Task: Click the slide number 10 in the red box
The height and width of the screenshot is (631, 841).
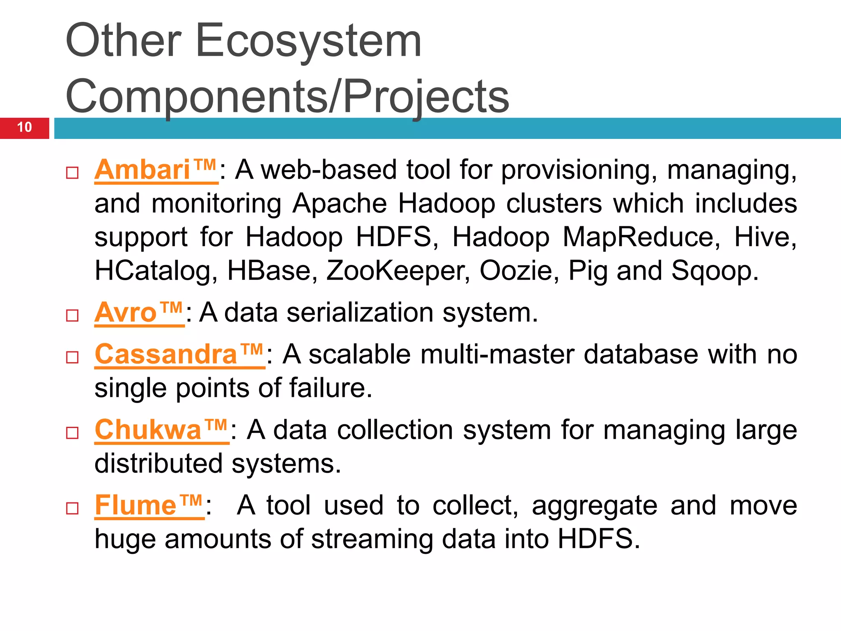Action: point(25,127)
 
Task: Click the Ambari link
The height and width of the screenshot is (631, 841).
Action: point(156,170)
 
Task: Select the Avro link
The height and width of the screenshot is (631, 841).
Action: point(139,313)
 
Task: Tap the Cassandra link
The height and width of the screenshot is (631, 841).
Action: point(179,355)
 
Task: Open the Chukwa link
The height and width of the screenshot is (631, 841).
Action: point(161,430)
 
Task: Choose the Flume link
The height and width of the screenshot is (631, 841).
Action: point(149,506)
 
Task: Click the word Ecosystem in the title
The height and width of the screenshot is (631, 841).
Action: point(308,41)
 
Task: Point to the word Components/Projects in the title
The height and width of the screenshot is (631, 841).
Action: point(287,97)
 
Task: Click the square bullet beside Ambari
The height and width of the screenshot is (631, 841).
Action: point(72,173)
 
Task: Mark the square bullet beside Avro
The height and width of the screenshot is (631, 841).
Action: point(72,316)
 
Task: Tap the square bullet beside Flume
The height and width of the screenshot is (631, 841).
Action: point(72,509)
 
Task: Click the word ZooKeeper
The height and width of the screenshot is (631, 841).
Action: point(398,271)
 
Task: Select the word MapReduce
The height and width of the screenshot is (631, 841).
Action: point(641,237)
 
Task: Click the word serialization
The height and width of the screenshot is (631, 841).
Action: point(360,313)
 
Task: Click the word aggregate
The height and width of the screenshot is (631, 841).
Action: point(595,507)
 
